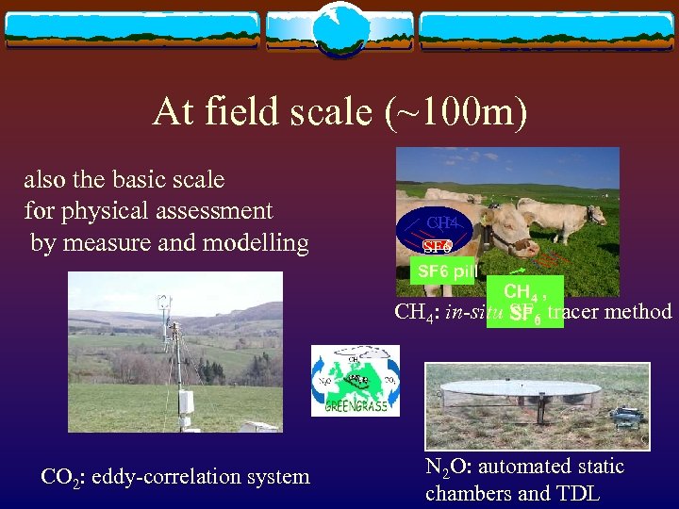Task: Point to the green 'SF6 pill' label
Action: (x=447, y=271)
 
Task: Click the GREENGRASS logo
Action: (x=356, y=380)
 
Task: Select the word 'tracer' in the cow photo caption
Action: (x=575, y=311)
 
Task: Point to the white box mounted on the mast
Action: (x=186, y=402)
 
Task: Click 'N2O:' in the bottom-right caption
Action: (x=452, y=467)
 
